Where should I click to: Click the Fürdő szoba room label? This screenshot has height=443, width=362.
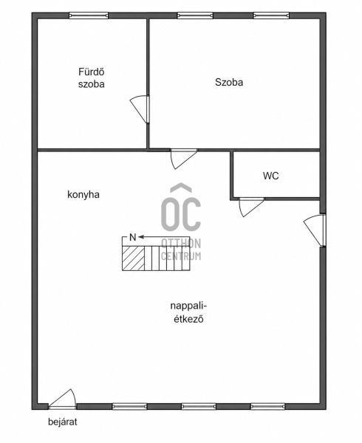(92, 78)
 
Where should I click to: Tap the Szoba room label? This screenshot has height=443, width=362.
(229, 82)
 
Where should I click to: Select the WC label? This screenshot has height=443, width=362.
(270, 176)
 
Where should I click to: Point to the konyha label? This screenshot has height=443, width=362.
(83, 195)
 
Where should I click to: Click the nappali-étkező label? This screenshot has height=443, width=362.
(189, 312)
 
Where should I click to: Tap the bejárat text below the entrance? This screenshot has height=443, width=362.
(63, 422)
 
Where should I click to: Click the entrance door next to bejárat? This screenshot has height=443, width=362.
(63, 399)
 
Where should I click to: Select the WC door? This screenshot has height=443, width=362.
(251, 207)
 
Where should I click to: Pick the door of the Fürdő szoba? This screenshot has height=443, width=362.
(140, 109)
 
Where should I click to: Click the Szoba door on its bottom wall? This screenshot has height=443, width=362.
(184, 159)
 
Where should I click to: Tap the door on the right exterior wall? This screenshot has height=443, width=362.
(315, 230)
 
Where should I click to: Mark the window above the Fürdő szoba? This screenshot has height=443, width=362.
(89, 16)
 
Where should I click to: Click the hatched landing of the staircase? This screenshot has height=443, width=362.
(133, 258)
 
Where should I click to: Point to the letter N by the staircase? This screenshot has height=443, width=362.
(132, 237)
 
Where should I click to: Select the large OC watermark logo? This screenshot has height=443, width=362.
(181, 207)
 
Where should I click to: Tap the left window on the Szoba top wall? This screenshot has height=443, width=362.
(195, 16)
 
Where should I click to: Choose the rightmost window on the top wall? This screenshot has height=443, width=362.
(271, 16)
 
